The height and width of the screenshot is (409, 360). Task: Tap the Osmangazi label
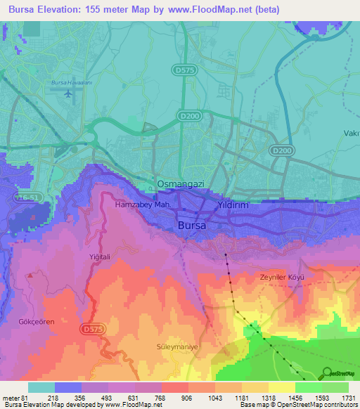180,184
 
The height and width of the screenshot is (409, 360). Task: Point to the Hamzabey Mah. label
143,205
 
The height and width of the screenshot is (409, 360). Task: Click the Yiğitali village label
101,257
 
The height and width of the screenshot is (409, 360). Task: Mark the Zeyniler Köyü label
281,278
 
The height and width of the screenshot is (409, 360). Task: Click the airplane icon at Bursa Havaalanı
67,93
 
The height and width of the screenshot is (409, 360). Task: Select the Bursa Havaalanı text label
67,83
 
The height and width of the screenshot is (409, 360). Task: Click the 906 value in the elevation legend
167,398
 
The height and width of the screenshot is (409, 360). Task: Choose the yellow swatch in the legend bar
281,387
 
